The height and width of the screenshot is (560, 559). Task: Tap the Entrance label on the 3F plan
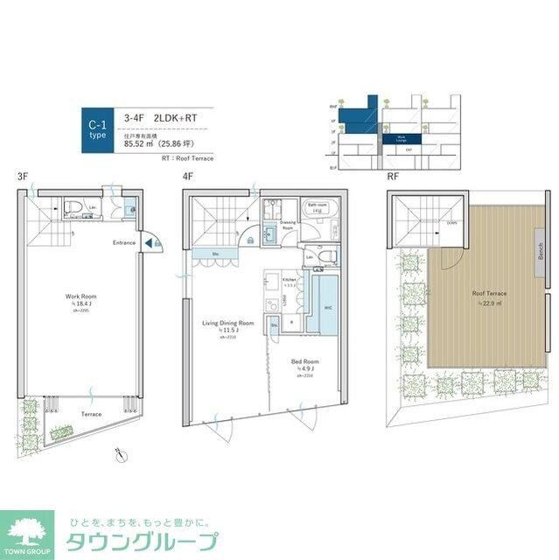pos(123,242)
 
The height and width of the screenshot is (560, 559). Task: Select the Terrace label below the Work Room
pos(91,414)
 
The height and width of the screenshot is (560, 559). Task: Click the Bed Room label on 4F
pos(304,360)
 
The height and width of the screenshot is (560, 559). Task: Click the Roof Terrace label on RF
pos(490,294)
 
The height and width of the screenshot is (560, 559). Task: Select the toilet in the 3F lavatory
pos(72,209)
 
